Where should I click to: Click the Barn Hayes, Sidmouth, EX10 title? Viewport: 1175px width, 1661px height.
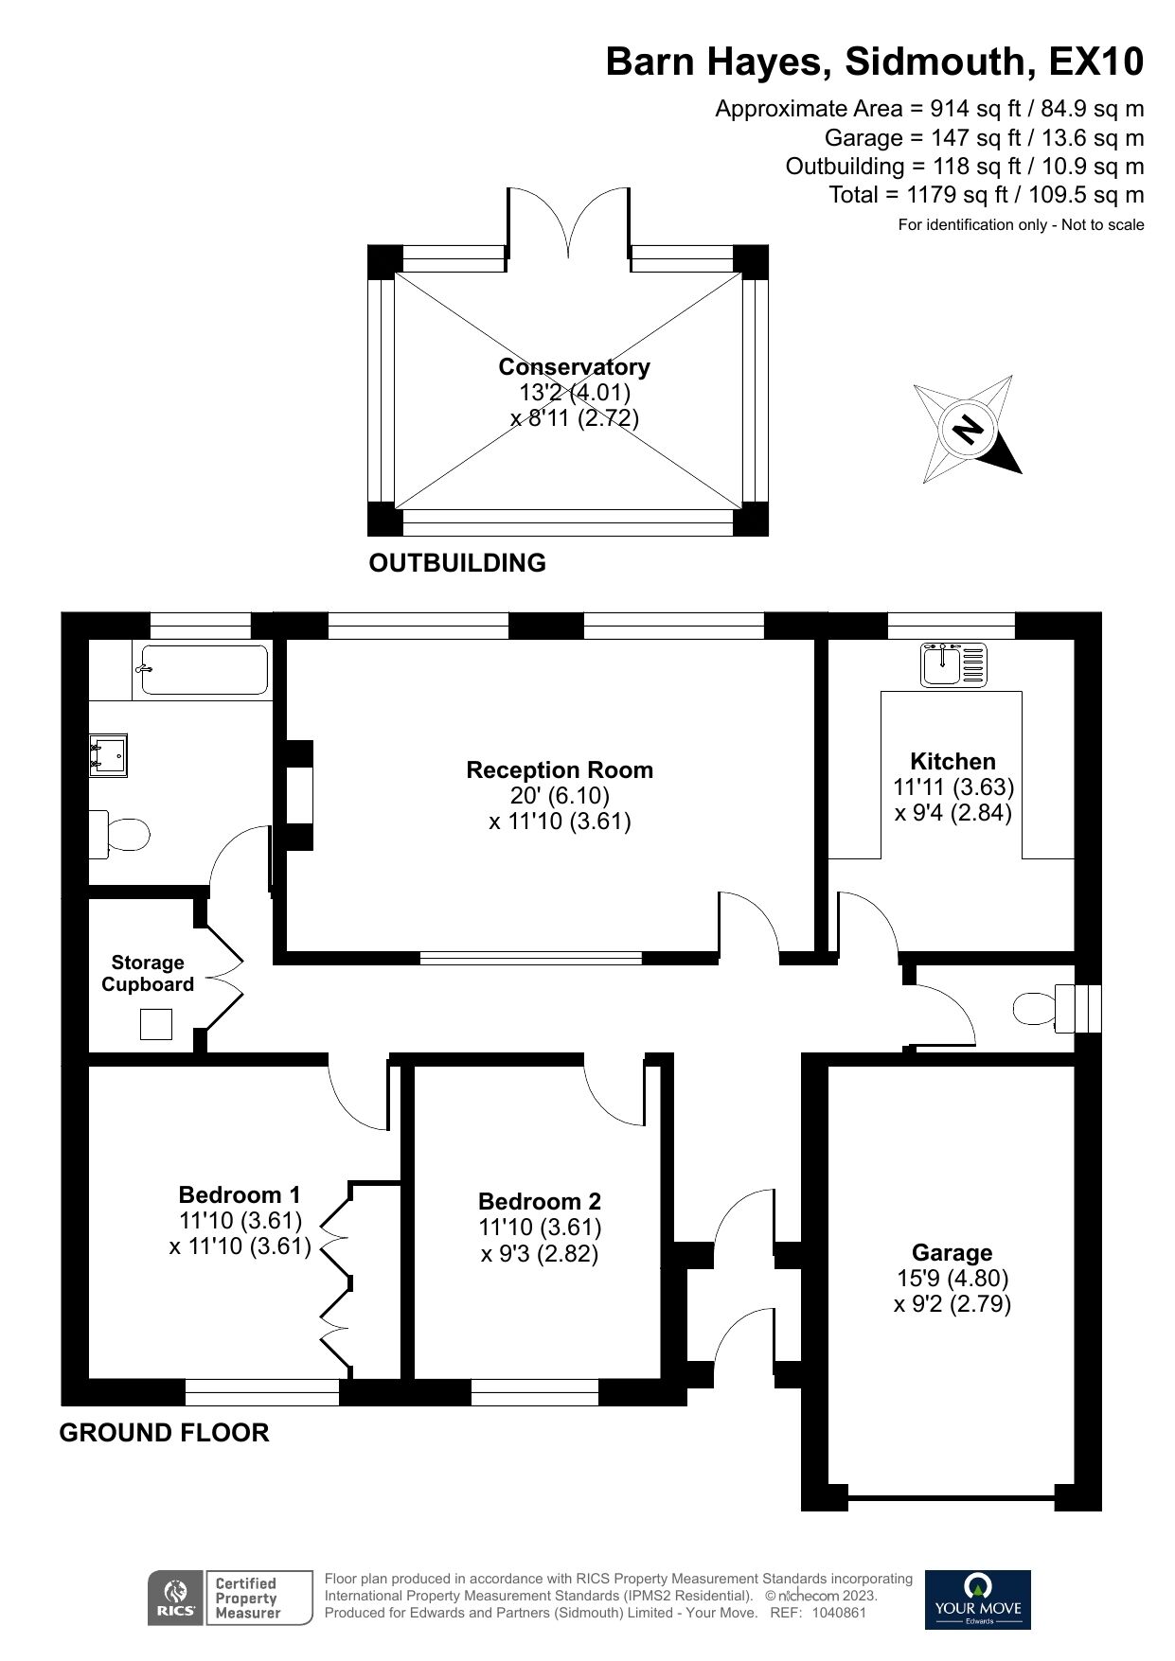[x=874, y=62]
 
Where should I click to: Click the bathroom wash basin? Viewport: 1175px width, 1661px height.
[x=108, y=756]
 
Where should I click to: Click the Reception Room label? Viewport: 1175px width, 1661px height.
[x=560, y=770]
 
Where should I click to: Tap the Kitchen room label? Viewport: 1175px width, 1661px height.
[x=952, y=762]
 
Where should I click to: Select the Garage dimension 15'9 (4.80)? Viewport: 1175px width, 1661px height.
[x=952, y=1279]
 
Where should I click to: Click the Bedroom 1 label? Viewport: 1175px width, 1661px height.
[x=240, y=1194]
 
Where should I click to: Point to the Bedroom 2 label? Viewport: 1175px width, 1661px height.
[x=540, y=1202]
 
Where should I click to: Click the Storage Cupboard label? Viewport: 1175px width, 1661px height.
[x=148, y=974]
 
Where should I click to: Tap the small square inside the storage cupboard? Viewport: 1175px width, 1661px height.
[x=156, y=1024]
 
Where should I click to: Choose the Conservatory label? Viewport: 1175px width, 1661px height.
[x=574, y=367]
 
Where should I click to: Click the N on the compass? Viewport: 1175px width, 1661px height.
[x=967, y=431]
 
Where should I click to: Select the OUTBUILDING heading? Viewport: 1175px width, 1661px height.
[x=457, y=563]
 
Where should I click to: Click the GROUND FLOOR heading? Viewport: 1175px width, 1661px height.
[x=164, y=1433]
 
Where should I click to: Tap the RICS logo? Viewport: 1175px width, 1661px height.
[x=175, y=1598]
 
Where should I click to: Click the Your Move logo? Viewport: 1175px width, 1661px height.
[x=977, y=1599]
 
